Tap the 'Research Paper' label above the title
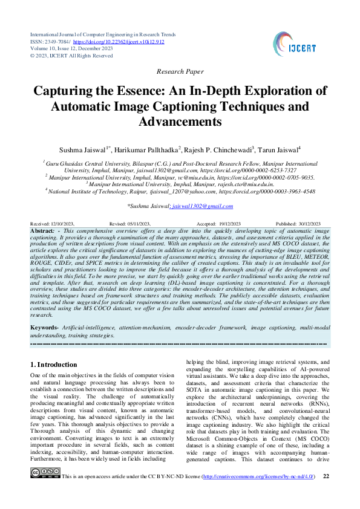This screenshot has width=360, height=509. [180, 71]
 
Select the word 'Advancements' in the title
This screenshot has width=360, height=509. [180, 122]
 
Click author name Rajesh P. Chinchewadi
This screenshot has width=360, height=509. [220, 149]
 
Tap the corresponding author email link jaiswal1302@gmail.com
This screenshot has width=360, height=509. [202, 206]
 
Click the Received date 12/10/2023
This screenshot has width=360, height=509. [64, 223]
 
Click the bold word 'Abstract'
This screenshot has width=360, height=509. [43, 231]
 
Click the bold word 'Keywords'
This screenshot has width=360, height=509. [45, 327]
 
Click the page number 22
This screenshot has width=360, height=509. [327, 494]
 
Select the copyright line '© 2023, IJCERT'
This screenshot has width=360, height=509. [71, 56]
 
